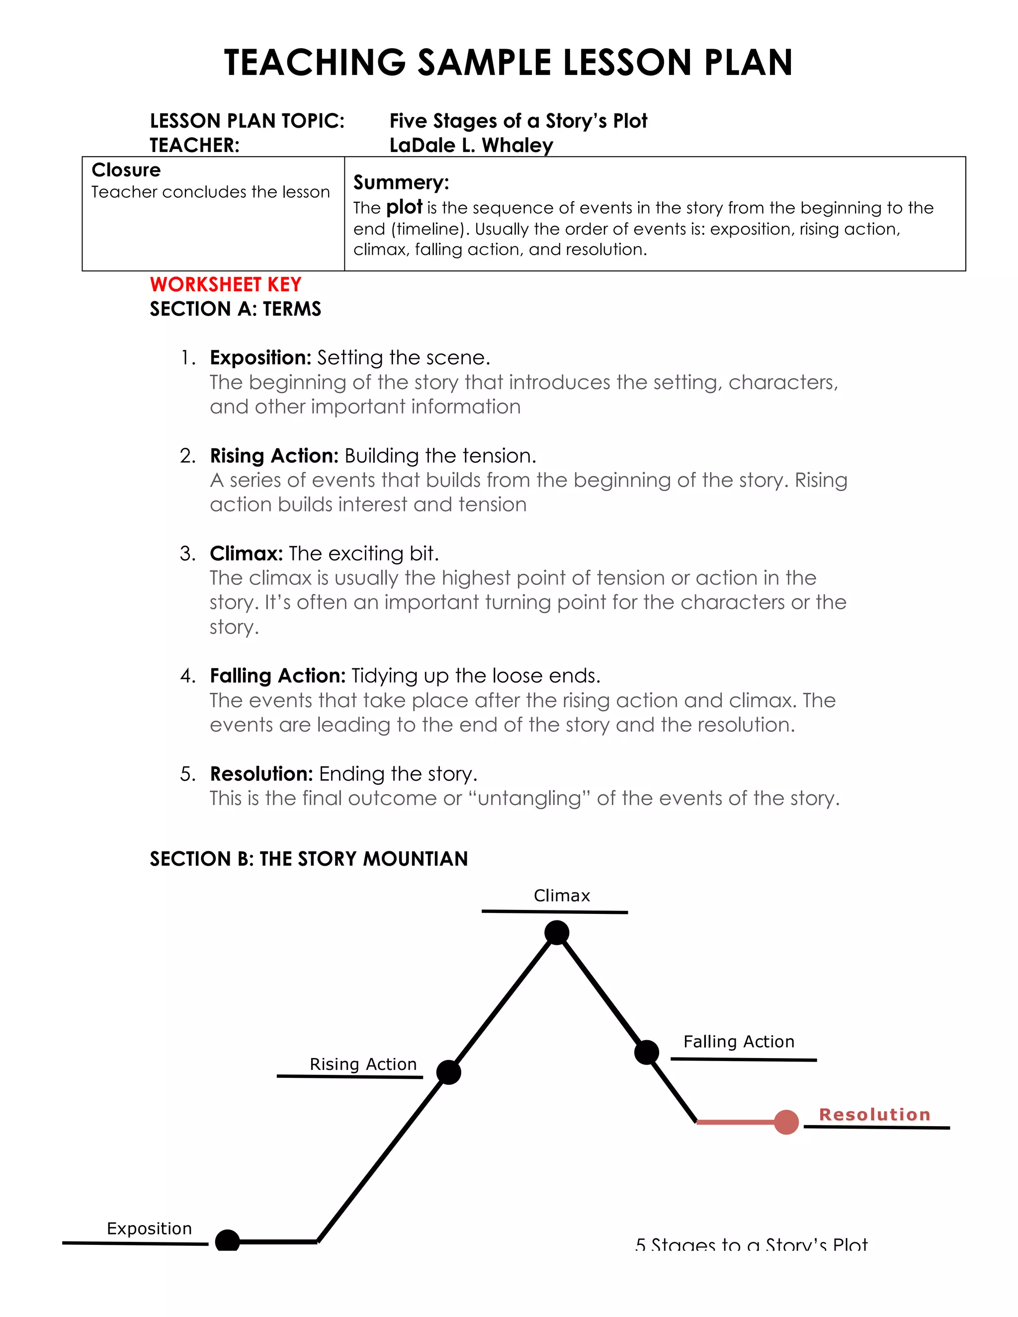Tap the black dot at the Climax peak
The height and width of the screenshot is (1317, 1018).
(557, 932)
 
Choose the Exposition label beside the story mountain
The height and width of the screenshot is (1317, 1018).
(149, 1229)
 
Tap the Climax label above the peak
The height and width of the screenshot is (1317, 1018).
(562, 896)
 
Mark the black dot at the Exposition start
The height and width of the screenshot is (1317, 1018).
(227, 1241)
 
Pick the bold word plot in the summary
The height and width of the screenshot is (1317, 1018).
(404, 207)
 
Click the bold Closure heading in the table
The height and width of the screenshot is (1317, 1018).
(126, 170)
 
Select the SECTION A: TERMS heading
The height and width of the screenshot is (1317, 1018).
(235, 309)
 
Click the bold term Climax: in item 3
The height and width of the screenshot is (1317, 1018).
(246, 553)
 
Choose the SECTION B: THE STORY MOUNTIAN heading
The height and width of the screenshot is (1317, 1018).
(309, 859)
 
